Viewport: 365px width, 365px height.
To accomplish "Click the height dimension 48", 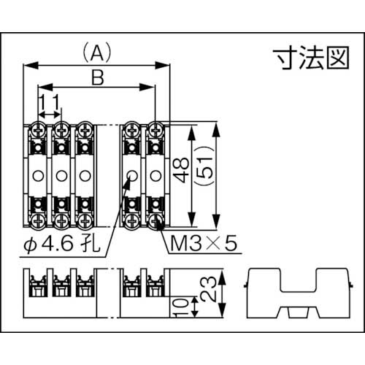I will [182, 174].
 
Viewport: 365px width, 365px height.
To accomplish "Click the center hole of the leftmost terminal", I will [38, 175].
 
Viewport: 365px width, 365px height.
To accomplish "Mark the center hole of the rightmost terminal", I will [155, 175].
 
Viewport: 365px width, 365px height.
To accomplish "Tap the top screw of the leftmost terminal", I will [38, 131].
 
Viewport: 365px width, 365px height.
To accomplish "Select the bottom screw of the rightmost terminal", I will [155, 218].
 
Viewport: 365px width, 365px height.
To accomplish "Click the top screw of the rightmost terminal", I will [155, 131].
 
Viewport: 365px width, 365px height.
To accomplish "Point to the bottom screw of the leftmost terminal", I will [38, 218].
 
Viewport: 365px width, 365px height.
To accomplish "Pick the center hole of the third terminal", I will [85, 175].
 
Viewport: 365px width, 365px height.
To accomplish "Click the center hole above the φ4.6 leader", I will [131, 175].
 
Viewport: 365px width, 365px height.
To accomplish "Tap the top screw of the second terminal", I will [61, 131].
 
